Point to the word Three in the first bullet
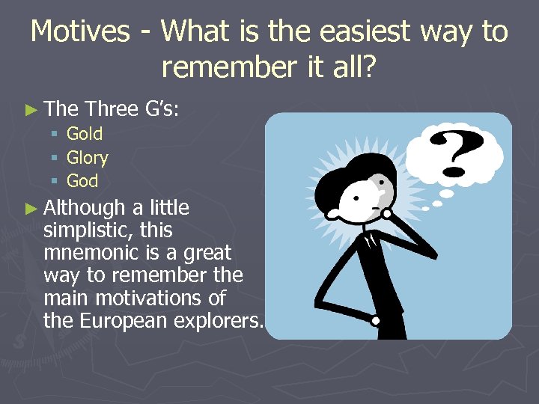coord(112,108)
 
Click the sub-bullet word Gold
coord(85,134)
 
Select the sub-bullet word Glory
coord(88,158)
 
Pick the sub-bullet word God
coord(82,180)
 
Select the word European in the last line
coord(128,321)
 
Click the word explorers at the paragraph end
coord(223,321)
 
